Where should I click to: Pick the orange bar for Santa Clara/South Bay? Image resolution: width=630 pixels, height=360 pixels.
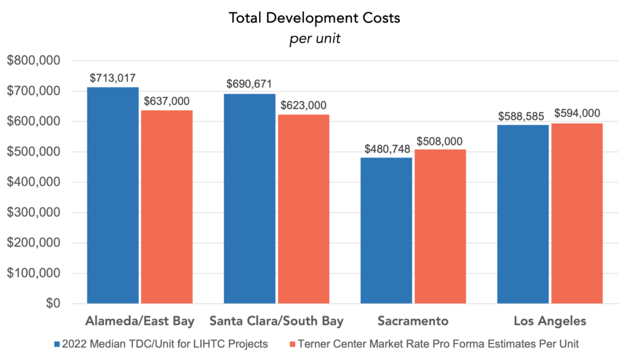(303, 209)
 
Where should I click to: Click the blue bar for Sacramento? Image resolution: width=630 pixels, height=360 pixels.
(387, 230)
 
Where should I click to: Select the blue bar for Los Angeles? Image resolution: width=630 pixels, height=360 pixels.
(524, 213)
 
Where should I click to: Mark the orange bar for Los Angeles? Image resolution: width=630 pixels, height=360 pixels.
(576, 212)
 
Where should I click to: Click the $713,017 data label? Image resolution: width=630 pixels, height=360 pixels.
(113, 78)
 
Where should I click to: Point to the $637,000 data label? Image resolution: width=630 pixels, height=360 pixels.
(167, 101)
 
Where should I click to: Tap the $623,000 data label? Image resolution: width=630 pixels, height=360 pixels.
(303, 105)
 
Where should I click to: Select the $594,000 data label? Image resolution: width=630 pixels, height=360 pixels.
(577, 113)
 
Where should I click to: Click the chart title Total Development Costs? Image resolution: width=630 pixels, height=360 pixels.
(314, 18)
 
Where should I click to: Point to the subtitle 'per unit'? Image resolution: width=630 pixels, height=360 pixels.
(314, 38)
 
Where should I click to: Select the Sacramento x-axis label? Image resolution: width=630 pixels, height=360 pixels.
(413, 321)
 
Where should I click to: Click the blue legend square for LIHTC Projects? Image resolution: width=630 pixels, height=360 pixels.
(58, 344)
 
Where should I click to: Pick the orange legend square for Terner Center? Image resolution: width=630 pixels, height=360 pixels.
(293, 344)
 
